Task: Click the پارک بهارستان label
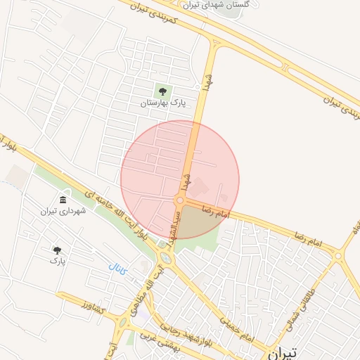[x=163, y=103]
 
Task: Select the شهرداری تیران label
[x=62, y=210]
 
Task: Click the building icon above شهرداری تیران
[x=63, y=200]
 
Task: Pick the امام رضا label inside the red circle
[x=216, y=210]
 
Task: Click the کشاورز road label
[x=91, y=307]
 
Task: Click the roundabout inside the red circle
[x=180, y=201]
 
